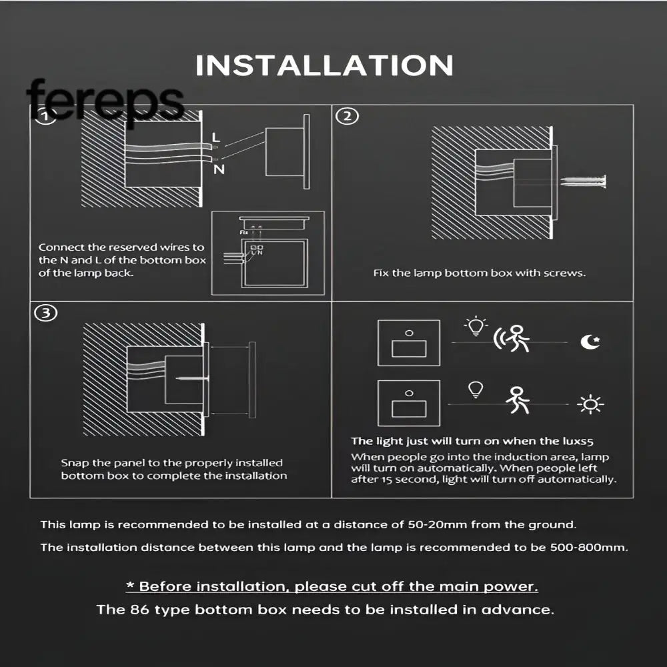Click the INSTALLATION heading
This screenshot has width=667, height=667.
coord(324,66)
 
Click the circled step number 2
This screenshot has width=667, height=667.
coord(347,117)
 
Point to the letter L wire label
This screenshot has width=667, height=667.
coord(215,138)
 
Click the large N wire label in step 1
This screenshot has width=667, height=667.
coord(219,169)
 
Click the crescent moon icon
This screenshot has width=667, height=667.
coord(590,342)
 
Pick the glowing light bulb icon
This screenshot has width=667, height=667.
coord(476,327)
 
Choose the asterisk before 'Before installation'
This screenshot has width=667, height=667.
coord(130,587)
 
